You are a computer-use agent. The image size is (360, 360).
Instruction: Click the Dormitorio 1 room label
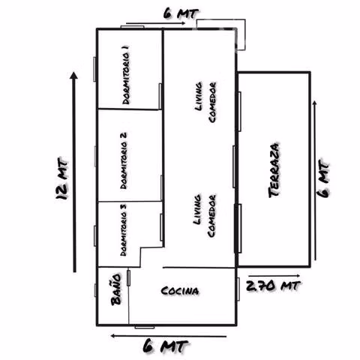coord(126,74)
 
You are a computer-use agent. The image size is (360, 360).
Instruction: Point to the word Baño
coord(116,289)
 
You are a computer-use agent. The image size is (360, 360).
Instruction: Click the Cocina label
coord(180,291)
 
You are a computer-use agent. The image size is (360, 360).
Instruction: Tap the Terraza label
coord(274,170)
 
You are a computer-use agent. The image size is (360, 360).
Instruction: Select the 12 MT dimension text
coord(61,178)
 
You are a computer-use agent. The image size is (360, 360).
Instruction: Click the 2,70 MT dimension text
coord(274,286)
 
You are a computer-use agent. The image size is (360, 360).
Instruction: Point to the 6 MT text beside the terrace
coord(324,179)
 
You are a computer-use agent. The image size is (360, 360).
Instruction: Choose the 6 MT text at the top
coord(181,13)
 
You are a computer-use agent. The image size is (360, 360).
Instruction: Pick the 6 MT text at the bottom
coord(166,346)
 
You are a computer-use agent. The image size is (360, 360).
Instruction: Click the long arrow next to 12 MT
coord(74,172)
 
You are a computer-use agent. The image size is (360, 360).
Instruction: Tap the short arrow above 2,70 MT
coord(274,276)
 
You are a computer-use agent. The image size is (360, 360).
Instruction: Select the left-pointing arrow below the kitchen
coord(169,335)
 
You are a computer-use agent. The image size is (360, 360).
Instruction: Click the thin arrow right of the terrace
coord(315,180)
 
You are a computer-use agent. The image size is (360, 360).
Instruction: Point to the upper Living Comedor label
coord(205,103)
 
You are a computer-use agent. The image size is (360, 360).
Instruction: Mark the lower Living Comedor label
coord(205,216)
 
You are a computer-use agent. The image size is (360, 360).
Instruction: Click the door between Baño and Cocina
coord(128,277)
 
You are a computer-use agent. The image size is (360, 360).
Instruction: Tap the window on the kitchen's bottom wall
coord(145,327)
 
